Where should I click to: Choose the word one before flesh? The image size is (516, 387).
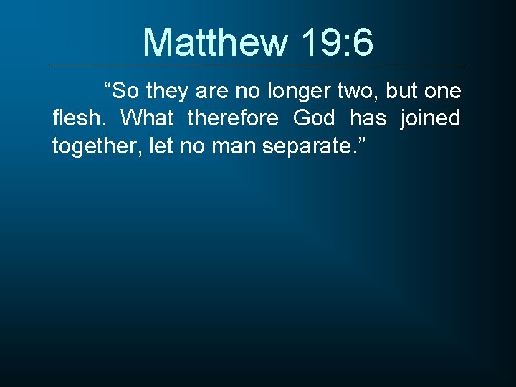point(444,92)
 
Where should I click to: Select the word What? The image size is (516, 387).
point(147,118)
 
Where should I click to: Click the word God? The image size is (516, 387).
point(314,118)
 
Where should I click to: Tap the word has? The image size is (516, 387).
point(368,118)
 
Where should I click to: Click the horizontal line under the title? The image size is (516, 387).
point(258,65)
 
